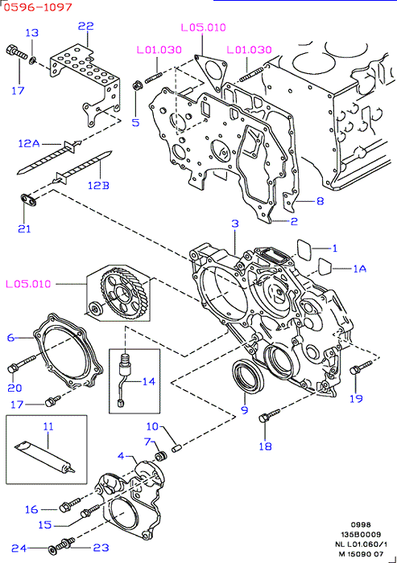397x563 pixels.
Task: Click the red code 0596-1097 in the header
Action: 38,6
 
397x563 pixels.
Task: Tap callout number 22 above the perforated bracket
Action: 86,26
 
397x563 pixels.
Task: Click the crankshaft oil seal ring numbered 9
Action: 248,377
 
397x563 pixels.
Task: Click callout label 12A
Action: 29,144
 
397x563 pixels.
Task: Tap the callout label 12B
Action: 98,185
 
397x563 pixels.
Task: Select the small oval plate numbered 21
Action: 28,200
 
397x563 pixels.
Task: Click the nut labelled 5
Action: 137,85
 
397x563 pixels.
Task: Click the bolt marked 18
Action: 269,415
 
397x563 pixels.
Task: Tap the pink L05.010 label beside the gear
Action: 28,284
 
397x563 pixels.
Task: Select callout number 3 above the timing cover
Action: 235,224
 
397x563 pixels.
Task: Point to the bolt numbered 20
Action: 21,363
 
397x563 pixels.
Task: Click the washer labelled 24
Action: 52,549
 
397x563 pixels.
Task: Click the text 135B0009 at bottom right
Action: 361,535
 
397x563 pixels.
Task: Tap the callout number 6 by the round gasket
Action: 10,338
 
